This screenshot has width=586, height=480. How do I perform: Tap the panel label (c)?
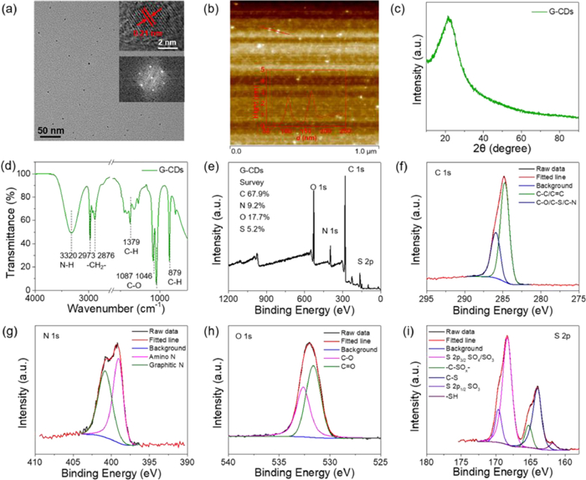pos(403,8)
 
